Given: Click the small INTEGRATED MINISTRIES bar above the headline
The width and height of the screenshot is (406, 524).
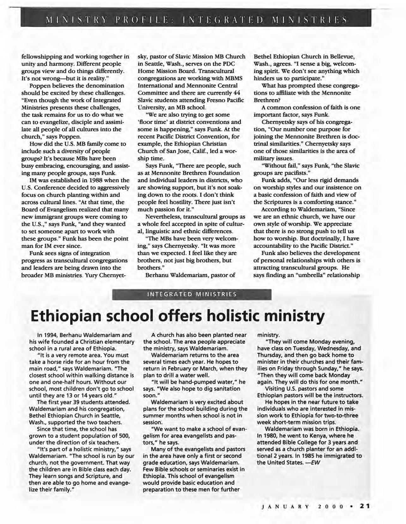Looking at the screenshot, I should (x=192, y=294).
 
